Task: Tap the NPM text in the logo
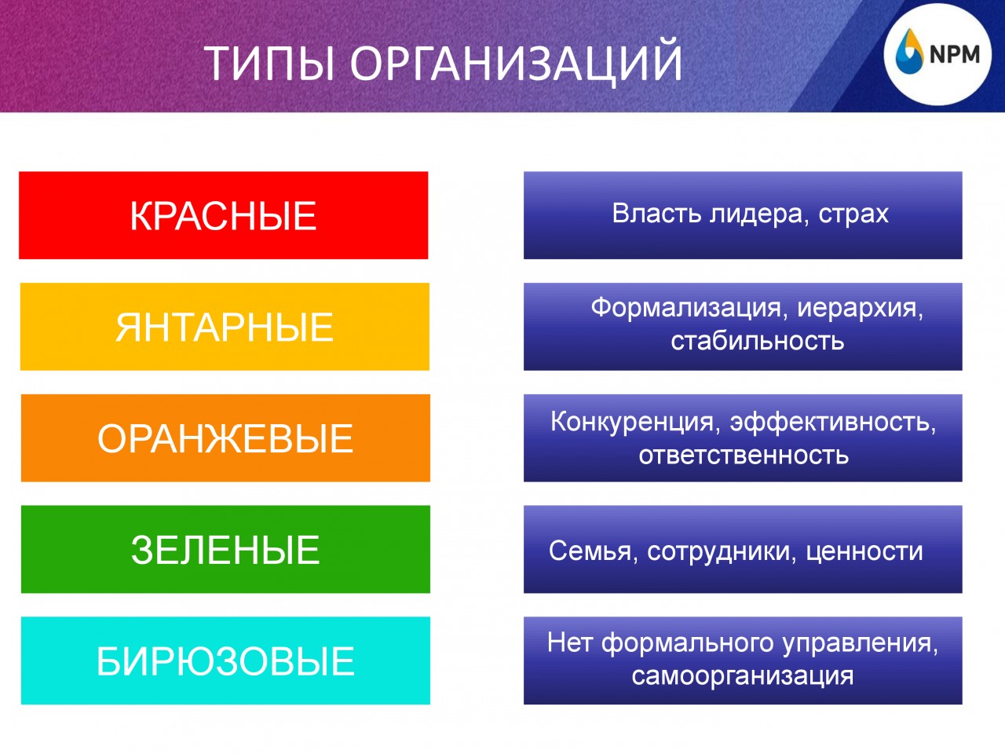click(955, 54)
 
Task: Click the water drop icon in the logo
click(910, 51)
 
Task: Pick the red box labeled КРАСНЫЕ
click(224, 215)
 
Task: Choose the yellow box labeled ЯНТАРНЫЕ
click(225, 327)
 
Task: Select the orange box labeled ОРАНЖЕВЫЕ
click(225, 437)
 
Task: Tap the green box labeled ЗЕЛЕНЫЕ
click(225, 549)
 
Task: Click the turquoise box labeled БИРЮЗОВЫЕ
click(225, 661)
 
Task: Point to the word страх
click(853, 214)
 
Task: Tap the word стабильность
click(758, 341)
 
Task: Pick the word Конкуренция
click(632, 422)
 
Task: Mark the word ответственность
click(744, 455)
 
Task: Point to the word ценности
click(864, 551)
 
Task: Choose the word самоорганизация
click(743, 676)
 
